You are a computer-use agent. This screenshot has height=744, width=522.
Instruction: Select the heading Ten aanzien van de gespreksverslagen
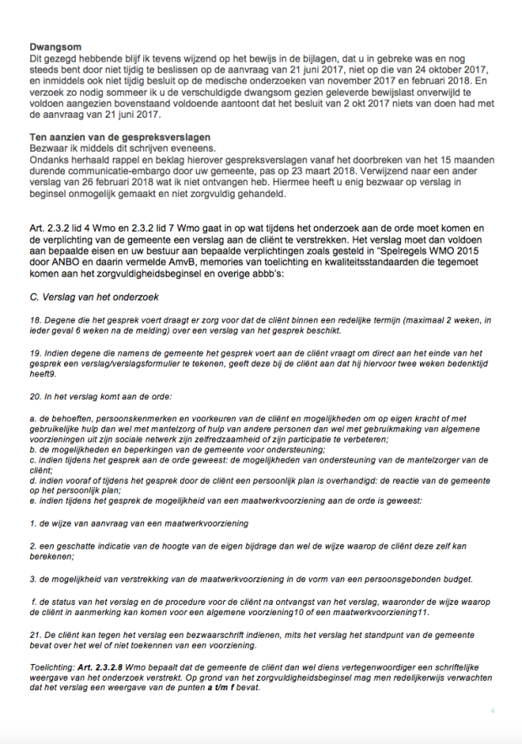(119, 137)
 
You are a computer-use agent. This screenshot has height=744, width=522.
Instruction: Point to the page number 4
(493, 711)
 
